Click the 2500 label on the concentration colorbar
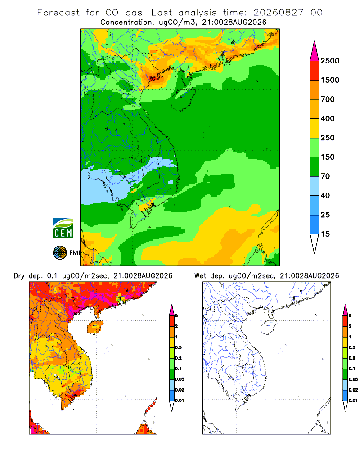330,61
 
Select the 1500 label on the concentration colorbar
330,80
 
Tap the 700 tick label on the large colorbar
328,99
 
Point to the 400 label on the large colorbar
328,118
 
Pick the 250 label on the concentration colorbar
328,138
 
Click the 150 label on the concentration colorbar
328,157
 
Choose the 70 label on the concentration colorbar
325,176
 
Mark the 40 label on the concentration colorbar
325,195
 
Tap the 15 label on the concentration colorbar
325,234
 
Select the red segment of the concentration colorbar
315,71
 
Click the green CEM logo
63,229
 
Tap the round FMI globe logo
60,252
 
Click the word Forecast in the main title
58,13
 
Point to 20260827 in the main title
278,13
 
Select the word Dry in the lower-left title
19,276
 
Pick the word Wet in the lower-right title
200,276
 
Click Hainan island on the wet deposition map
269,328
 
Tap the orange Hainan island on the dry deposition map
95,328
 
